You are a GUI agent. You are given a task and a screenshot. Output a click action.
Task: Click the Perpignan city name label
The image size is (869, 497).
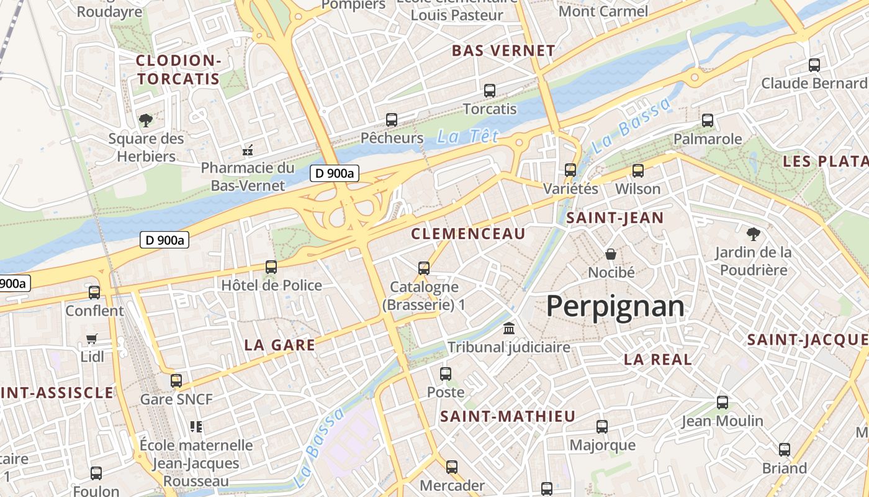click(615, 307)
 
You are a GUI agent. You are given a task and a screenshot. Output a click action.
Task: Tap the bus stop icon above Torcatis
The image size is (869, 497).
click(490, 91)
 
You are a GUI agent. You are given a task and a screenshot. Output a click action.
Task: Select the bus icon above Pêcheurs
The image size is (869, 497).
click(392, 120)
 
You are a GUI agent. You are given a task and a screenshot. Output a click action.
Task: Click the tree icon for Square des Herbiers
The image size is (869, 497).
click(146, 120)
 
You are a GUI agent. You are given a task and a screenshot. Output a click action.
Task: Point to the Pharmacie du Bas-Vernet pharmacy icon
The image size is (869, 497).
click(248, 150)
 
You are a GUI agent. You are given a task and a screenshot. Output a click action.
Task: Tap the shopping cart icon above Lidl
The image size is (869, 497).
click(92, 339)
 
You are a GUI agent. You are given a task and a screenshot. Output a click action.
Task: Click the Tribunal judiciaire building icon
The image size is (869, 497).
click(509, 329)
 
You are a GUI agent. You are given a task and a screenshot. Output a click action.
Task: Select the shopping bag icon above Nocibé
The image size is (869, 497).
click(611, 253)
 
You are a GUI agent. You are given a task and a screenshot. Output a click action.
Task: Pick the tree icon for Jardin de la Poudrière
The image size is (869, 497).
click(753, 234)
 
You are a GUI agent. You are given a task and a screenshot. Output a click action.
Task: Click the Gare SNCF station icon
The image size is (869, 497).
click(176, 381)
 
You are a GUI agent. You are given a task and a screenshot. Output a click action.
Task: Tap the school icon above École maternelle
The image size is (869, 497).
click(196, 427)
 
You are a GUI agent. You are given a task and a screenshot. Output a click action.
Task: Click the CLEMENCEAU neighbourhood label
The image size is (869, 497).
click(469, 234)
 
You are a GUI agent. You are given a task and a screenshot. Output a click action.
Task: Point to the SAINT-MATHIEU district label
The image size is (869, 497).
click(508, 417)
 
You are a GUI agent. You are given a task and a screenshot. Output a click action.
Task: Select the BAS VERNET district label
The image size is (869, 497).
click(503, 51)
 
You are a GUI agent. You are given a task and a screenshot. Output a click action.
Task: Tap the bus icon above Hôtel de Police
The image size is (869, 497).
click(271, 267)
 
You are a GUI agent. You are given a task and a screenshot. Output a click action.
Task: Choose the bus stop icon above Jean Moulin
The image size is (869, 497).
click(723, 403)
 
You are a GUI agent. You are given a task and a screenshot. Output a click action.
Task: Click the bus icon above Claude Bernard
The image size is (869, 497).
click(814, 65)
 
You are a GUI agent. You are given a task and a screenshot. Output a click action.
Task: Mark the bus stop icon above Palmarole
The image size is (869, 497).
click(708, 121)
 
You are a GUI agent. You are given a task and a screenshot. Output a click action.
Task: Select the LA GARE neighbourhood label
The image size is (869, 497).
click(280, 345)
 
